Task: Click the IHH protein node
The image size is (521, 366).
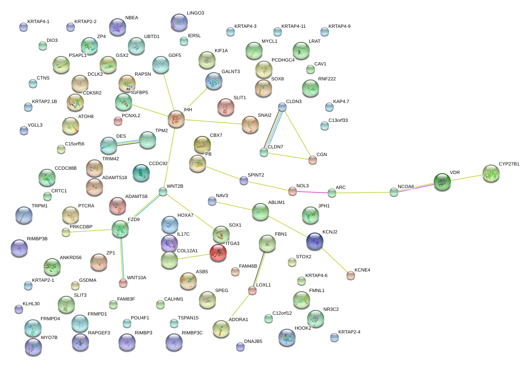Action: click(x=176, y=119)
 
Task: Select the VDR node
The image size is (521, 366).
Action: click(x=442, y=182)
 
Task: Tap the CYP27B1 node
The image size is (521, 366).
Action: click(x=491, y=173)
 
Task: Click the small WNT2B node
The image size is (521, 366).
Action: click(x=163, y=192)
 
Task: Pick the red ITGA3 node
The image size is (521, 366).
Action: click(x=218, y=253)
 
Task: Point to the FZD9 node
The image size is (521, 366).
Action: click(x=120, y=229)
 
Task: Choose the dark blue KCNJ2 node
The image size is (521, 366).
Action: click(x=315, y=241)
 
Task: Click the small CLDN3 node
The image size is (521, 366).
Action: click(x=282, y=106)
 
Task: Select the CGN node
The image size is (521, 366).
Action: click(x=313, y=160)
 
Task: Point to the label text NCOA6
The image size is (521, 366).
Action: click(x=406, y=186)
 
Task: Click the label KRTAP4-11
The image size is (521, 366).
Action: click(x=293, y=27)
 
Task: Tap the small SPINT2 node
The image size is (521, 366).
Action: click(x=244, y=180)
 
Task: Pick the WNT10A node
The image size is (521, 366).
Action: click(x=123, y=283)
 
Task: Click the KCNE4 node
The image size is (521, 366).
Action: click(x=351, y=275)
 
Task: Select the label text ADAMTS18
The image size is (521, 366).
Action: click(x=115, y=177)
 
